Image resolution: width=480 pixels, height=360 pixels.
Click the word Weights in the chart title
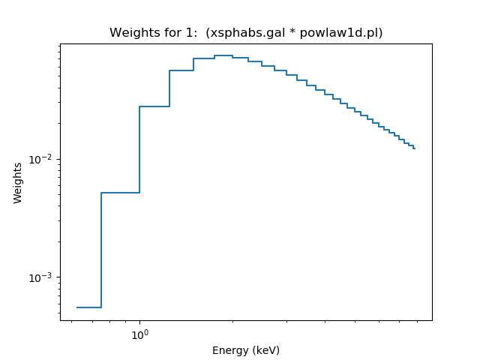tap(131, 33)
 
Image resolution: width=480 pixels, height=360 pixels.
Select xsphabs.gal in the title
tap(242, 33)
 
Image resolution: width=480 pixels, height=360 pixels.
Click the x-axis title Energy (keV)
tap(245, 350)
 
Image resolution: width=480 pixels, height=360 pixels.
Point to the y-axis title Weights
tap(18, 182)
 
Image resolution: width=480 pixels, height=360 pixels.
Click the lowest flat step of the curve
tap(88, 307)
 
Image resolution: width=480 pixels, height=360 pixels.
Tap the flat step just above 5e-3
tap(120, 193)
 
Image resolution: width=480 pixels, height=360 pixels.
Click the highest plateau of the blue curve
tap(223, 55)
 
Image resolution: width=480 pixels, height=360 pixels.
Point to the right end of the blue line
tap(415, 148)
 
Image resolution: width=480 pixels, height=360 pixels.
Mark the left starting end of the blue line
tap(77, 307)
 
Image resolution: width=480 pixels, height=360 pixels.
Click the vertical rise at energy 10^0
tap(139, 150)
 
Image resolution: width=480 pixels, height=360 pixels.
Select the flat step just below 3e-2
tap(154, 106)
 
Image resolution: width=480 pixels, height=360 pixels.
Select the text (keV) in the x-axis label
tap(265, 350)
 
